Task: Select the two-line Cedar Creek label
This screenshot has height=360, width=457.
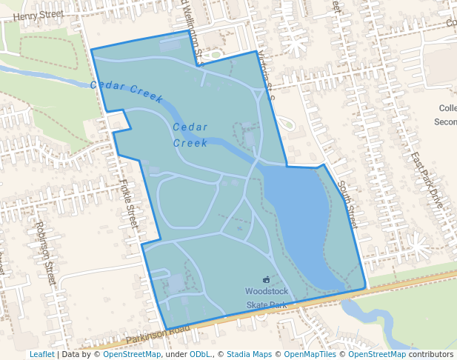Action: (x=190, y=135)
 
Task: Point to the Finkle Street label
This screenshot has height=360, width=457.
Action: (x=128, y=204)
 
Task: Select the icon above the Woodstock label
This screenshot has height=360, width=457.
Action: (x=265, y=279)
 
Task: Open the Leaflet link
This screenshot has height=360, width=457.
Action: (x=41, y=354)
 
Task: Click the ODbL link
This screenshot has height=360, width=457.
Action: (x=201, y=354)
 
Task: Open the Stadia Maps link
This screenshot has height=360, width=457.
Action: (x=249, y=354)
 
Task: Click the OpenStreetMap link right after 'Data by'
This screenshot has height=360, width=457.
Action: (x=132, y=354)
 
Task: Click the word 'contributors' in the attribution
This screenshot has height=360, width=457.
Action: (x=431, y=354)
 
